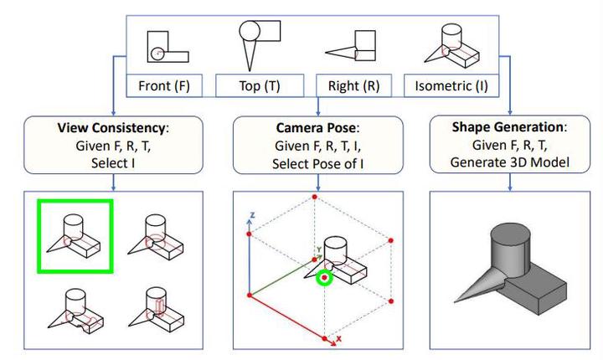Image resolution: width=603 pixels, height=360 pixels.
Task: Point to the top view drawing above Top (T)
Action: click(x=258, y=42)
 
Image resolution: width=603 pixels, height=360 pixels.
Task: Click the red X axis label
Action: click(x=339, y=340)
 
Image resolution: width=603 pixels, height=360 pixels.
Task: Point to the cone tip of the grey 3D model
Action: click(x=456, y=299)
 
